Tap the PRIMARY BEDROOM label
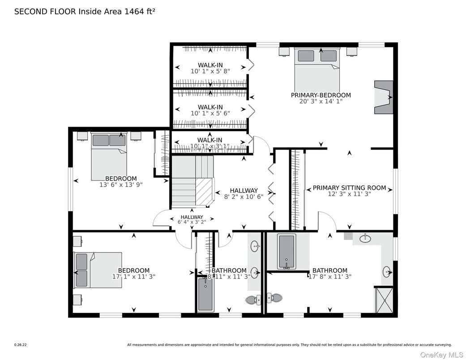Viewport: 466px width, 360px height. point(321,95)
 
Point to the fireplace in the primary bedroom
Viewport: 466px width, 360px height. point(383,97)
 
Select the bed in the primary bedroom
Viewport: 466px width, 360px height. point(317,70)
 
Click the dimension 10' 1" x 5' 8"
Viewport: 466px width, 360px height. point(210,71)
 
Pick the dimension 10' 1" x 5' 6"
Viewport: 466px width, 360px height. point(210,113)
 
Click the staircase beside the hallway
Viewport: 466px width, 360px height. point(192,181)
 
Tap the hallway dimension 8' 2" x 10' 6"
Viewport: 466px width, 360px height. point(244,196)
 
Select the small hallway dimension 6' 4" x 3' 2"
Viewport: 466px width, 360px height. point(192,222)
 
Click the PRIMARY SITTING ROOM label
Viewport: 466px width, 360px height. point(349,188)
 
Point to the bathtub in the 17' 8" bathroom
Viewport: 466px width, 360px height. point(286,252)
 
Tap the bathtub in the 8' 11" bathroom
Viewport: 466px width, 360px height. point(206,295)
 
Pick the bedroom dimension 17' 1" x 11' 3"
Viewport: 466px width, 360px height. point(133,277)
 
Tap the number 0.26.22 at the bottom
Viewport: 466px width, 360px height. point(21,345)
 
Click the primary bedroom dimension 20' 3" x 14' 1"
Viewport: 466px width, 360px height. point(321,102)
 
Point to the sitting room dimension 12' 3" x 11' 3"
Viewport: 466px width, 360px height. point(349,194)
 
